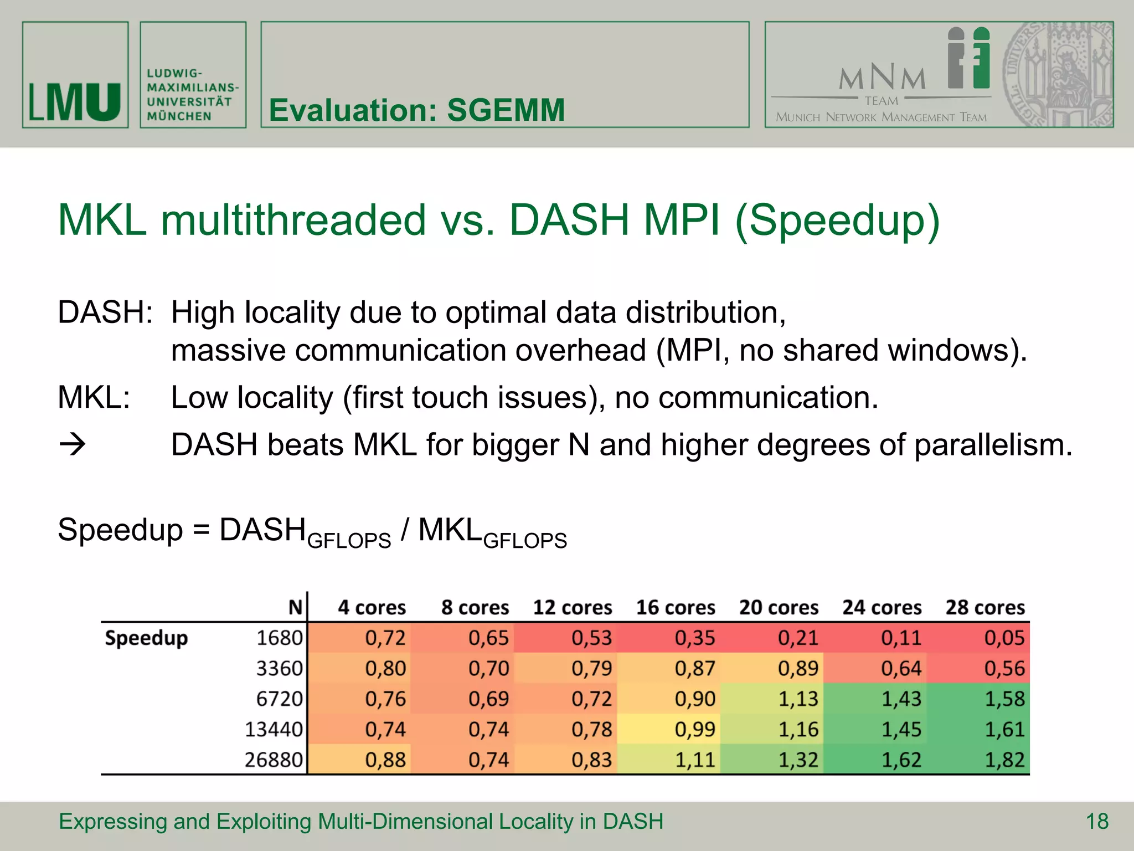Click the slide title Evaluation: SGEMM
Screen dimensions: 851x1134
416,110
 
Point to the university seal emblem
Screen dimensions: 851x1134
1058,75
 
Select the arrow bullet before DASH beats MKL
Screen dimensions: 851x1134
72,444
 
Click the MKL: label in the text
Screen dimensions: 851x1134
94,397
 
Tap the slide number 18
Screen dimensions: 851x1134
1097,821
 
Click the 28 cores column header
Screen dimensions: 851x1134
985,607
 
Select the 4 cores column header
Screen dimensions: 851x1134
372,607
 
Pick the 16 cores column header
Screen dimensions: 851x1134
675,607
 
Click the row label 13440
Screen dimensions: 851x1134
274,729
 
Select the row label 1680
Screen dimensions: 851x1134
279,638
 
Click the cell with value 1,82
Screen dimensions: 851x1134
1004,760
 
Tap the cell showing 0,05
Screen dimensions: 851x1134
1004,638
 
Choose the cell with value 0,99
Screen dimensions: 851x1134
694,729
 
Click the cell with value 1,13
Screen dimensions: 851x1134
798,699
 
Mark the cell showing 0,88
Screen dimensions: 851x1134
385,760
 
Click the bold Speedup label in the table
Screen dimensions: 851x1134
146,638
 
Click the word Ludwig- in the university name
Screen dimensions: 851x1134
174,73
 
